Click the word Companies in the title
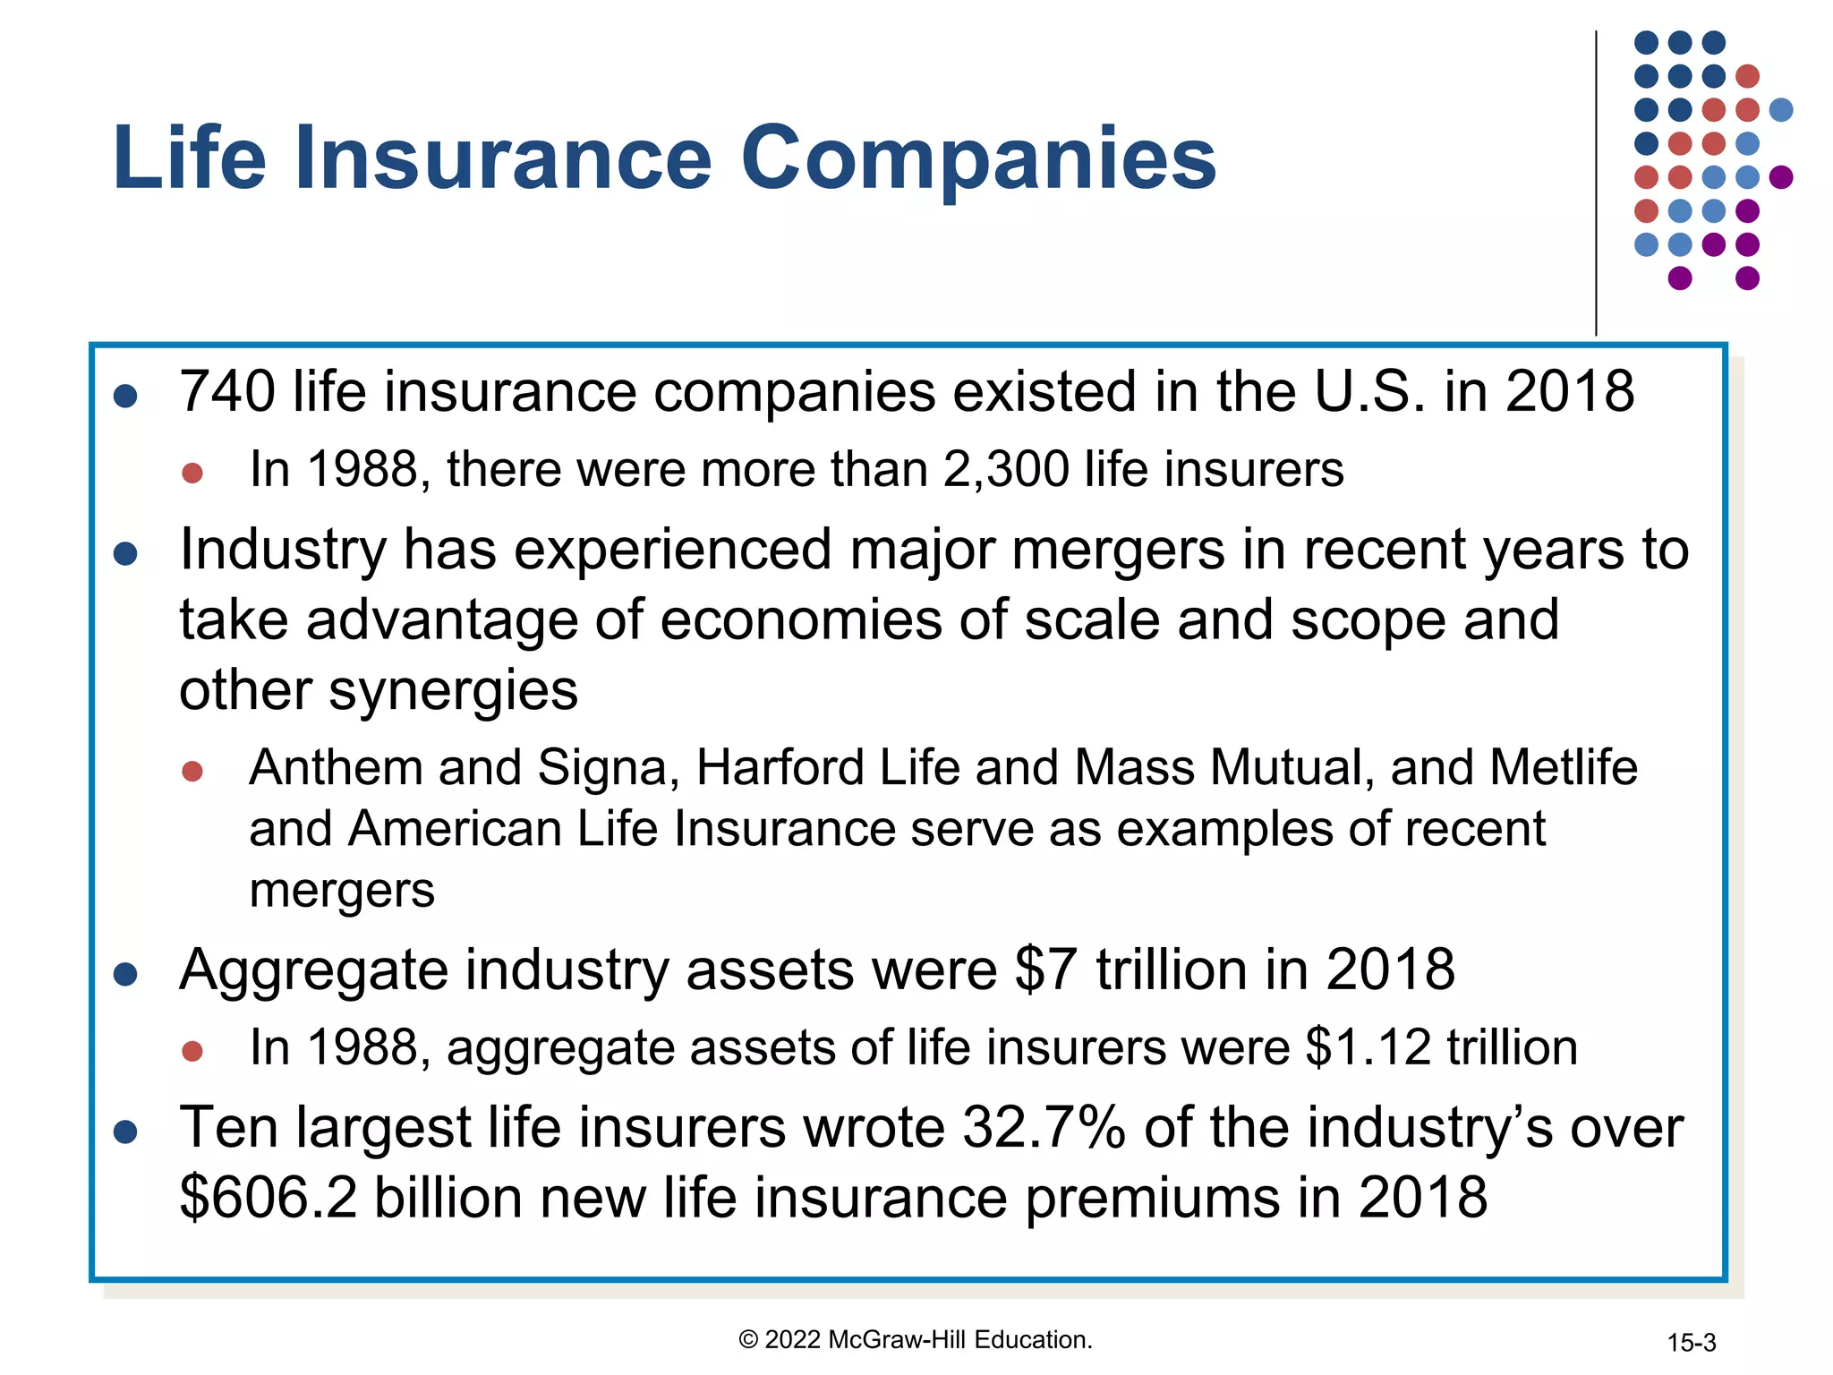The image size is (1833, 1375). coord(978,159)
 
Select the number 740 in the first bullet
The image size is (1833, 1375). coord(227,392)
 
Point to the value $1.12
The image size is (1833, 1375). coord(1368,1047)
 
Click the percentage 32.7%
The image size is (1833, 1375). coord(1043,1128)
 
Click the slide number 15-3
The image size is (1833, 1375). coord(1691,1343)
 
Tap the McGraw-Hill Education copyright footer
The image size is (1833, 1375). coord(915,1339)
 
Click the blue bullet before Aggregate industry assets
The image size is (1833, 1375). coord(125,974)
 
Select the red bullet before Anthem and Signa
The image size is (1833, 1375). coord(192,771)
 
